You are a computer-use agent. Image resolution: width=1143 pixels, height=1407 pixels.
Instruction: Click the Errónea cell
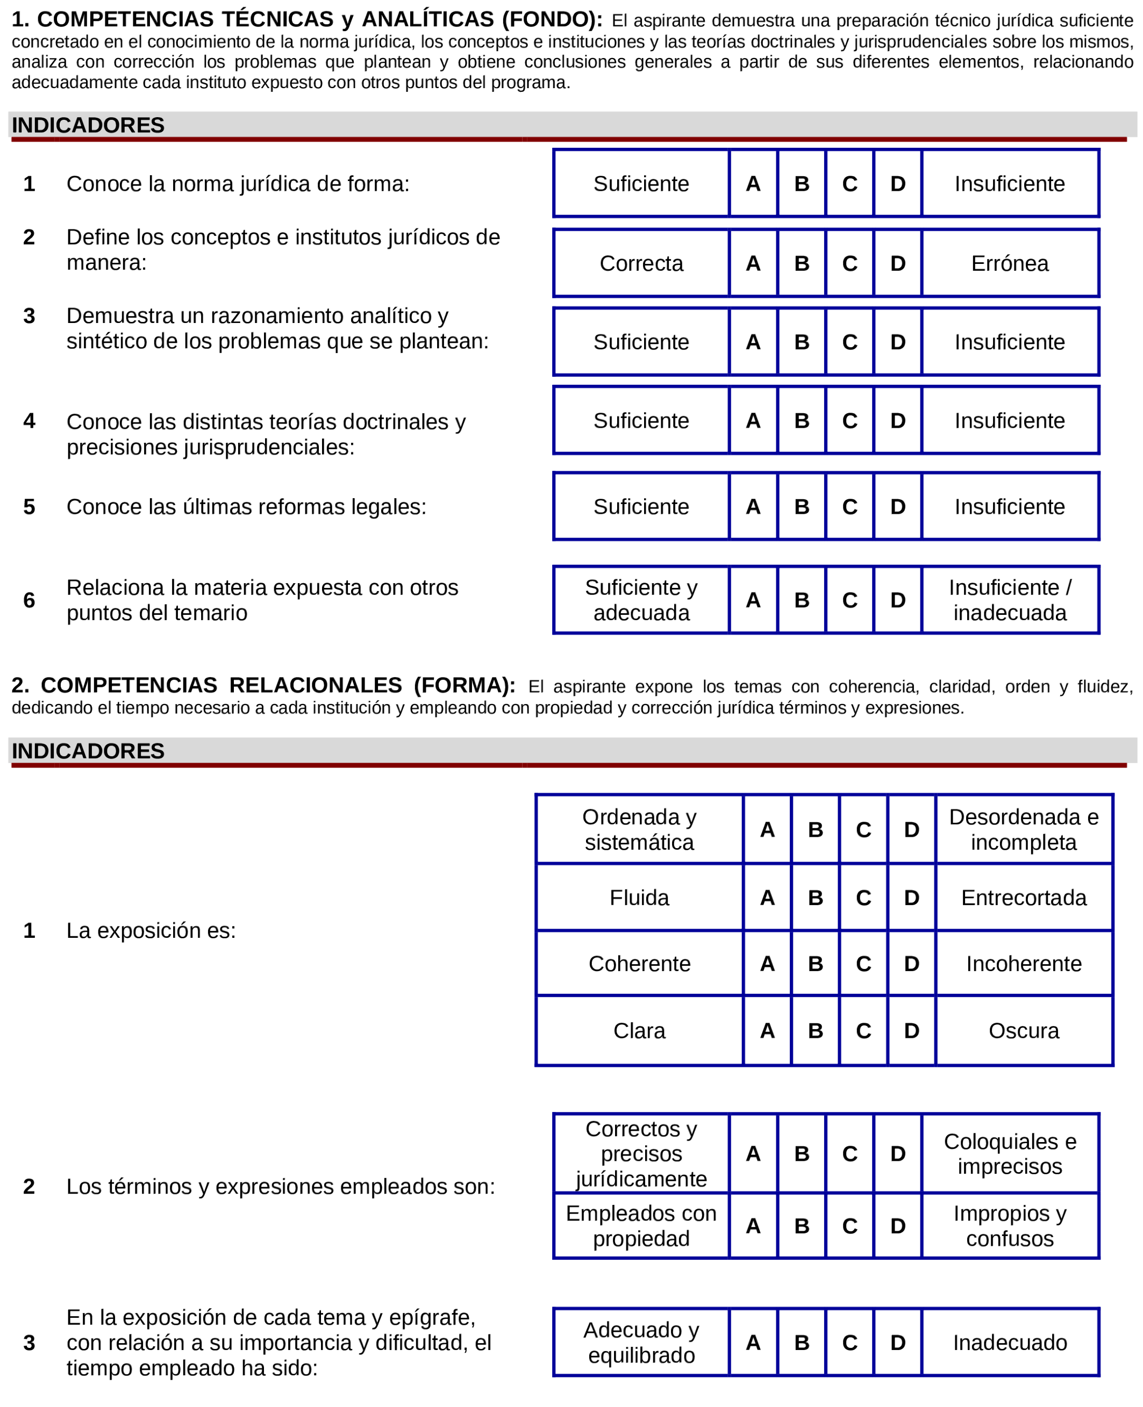[x=1009, y=263]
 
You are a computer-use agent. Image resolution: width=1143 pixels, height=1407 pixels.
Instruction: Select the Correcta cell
[x=641, y=263]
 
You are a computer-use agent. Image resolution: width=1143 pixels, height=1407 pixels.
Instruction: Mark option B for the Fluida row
[x=815, y=898]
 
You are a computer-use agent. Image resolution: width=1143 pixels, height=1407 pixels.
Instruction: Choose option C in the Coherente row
[x=863, y=964]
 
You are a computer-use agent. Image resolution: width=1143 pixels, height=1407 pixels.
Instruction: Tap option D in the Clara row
[x=911, y=1031]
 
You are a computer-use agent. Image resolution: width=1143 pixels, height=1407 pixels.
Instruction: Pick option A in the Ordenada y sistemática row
[x=767, y=829]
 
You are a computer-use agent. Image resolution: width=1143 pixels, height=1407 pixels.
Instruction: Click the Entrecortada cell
[x=1023, y=898]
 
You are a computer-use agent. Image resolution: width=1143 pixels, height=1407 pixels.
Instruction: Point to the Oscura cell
[x=1023, y=1031]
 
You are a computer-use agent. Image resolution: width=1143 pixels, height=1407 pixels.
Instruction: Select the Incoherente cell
[x=1023, y=964]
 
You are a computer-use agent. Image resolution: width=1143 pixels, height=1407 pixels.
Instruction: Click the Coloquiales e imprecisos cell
[x=1009, y=1154]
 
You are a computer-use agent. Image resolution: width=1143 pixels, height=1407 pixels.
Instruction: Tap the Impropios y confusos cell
[x=1009, y=1225]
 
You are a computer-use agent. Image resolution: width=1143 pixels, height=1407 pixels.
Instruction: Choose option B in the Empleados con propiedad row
[x=801, y=1225]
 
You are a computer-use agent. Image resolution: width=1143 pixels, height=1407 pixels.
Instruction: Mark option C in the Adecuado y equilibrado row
[x=849, y=1343]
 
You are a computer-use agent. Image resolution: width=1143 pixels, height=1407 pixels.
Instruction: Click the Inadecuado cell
[x=1009, y=1343]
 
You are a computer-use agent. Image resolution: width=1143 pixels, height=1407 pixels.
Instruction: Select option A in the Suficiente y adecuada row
[x=753, y=600]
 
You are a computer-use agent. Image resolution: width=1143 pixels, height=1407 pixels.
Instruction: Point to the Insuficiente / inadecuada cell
[x=1009, y=600]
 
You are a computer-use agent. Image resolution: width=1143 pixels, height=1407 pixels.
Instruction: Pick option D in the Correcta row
[x=897, y=263]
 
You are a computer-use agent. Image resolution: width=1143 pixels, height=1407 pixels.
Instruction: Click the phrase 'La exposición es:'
[x=151, y=930]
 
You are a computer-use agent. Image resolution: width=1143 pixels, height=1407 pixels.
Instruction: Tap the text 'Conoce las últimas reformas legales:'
[x=246, y=507]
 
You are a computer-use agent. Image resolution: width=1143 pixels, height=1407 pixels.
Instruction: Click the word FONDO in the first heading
[x=552, y=20]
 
